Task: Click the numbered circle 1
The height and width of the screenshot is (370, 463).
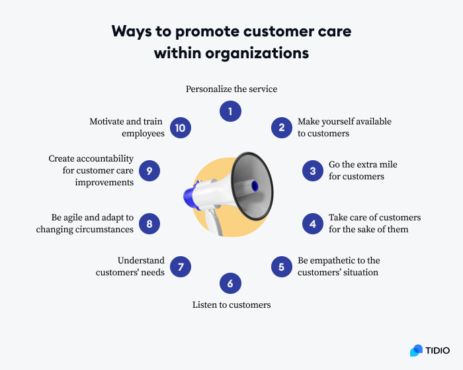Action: pos(230,112)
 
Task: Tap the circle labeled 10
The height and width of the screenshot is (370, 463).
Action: pos(181,128)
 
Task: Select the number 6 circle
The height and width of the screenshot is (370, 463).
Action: pos(230,284)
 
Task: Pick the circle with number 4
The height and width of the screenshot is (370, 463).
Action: pos(313,224)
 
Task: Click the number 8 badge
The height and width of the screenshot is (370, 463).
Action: pos(149,224)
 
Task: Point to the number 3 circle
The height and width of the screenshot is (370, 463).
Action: pos(313,170)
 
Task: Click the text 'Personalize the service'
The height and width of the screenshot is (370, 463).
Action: pos(231,89)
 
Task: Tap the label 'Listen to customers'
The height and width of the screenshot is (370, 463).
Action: pos(232,305)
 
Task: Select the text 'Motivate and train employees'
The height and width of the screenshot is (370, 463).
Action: pos(127,128)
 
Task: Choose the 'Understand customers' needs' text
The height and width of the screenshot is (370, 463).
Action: pos(130,267)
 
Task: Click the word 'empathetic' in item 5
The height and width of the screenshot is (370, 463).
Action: pos(335,261)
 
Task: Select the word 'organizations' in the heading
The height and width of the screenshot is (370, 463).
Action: pos(262,54)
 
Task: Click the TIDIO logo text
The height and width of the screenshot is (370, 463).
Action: pos(438,350)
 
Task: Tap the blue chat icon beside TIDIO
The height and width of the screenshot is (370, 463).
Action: pos(416,350)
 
